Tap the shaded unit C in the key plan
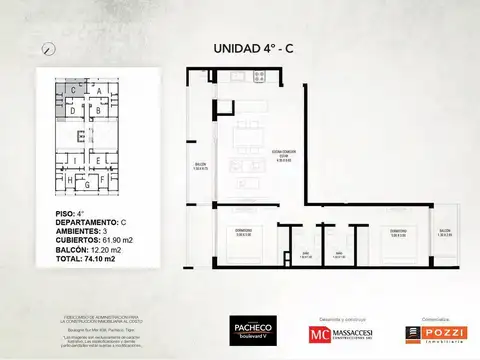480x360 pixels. tap(75, 90)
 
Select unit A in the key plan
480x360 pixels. tap(98, 90)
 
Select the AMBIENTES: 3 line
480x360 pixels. tap(75, 229)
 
